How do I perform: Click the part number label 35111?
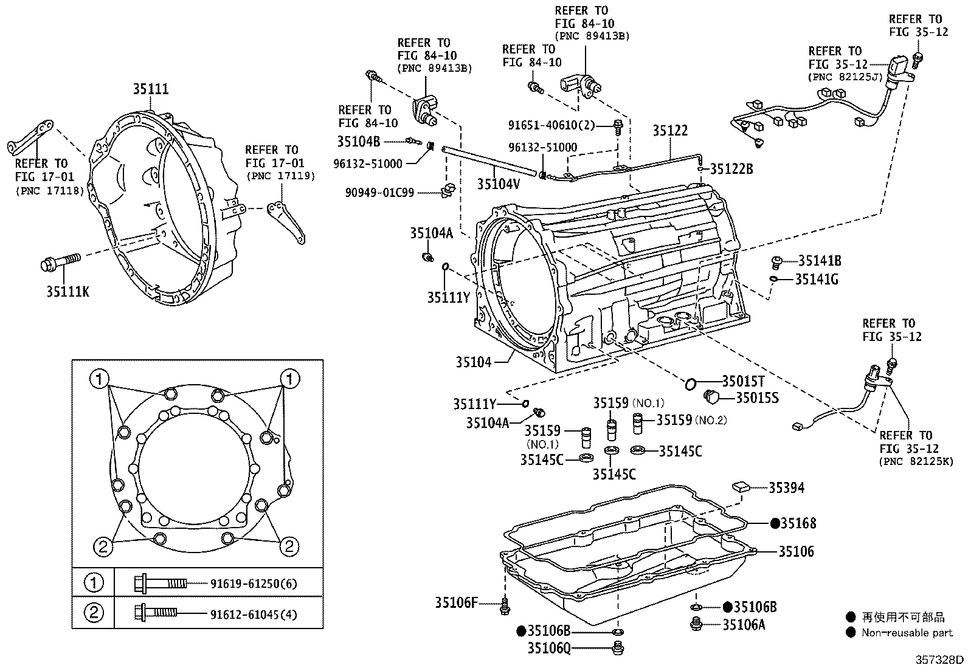tap(151, 90)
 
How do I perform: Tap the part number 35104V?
tap(498, 184)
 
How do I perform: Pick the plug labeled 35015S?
tap(711, 398)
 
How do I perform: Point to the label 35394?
tap(786, 487)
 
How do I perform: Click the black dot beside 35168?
tap(775, 523)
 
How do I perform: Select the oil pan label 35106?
tap(796, 552)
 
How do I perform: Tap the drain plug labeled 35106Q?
tap(618, 649)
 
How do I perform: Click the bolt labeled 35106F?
tap(504, 607)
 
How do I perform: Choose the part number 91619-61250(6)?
tap(254, 584)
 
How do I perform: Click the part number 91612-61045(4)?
tap(254, 615)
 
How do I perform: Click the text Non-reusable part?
tap(907, 633)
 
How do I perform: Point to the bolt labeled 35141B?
tap(776, 262)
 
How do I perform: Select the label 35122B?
tap(731, 170)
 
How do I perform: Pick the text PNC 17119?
tap(280, 176)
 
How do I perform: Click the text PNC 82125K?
tap(916, 462)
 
